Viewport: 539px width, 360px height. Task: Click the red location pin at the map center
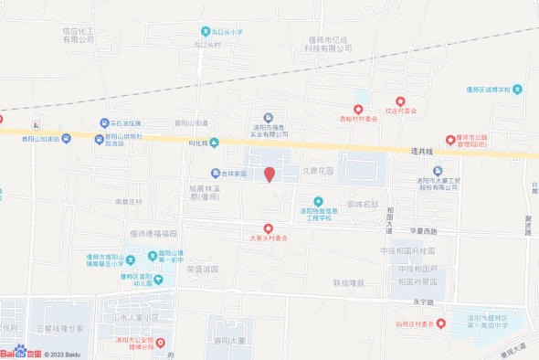269,175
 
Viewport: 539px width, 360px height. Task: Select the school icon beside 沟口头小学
206,31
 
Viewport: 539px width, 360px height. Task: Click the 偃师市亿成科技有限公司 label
328,44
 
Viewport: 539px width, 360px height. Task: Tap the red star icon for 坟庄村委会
400,101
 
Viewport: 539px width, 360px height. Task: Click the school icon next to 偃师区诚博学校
517,89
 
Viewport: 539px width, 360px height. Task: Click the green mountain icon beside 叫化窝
214,142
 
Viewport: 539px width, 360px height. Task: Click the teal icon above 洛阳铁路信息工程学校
319,201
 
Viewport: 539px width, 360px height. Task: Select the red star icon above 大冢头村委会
268,228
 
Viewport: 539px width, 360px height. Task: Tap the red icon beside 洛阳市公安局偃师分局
161,343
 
